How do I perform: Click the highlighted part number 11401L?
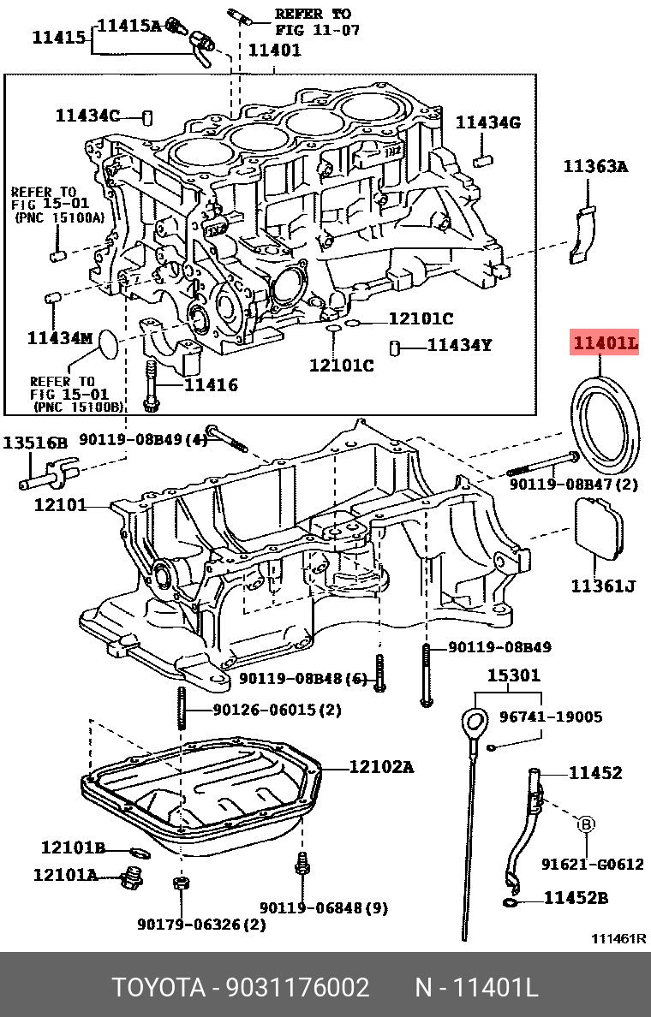(x=606, y=343)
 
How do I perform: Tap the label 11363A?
(x=594, y=167)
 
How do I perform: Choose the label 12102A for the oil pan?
(x=380, y=767)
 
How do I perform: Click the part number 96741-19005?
(x=551, y=717)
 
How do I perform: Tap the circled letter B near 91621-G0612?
(x=587, y=824)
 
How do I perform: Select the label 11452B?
(x=576, y=898)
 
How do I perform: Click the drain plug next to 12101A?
(x=131, y=877)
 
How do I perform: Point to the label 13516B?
(x=34, y=443)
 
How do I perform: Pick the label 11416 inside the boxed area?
(x=211, y=385)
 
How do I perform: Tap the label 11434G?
(x=487, y=122)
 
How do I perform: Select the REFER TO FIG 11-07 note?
(x=313, y=21)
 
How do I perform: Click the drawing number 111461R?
(x=618, y=938)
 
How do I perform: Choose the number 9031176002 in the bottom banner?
(x=297, y=988)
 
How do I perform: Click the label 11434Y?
(x=460, y=345)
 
